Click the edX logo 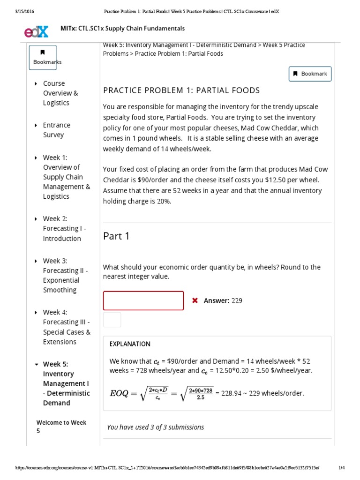pos(36,31)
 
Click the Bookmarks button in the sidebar pos(43,58)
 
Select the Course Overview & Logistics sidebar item pos(60,93)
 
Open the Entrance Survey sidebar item pos(57,130)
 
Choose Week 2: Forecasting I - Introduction pos(62,228)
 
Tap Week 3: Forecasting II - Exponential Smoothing pos(61,275)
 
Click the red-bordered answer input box pos(143,300)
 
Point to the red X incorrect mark pos(195,300)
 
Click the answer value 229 pos(237,300)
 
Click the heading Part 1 pos(116,236)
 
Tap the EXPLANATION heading pos(130,344)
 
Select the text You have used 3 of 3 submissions pos(155,427)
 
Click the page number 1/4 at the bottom pos(342,468)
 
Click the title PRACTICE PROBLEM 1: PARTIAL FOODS pos(181,90)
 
